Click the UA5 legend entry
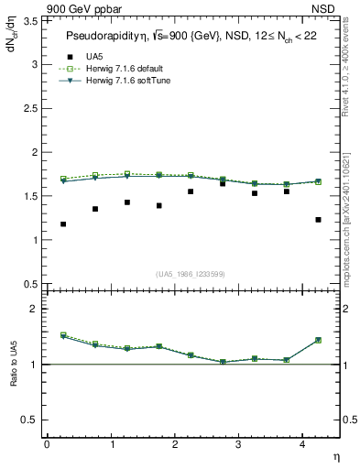tap(92, 57)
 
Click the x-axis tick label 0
tap(47, 444)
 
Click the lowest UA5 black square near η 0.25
tap(62, 224)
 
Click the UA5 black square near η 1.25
tap(126, 202)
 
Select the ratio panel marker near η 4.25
tap(318, 340)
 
